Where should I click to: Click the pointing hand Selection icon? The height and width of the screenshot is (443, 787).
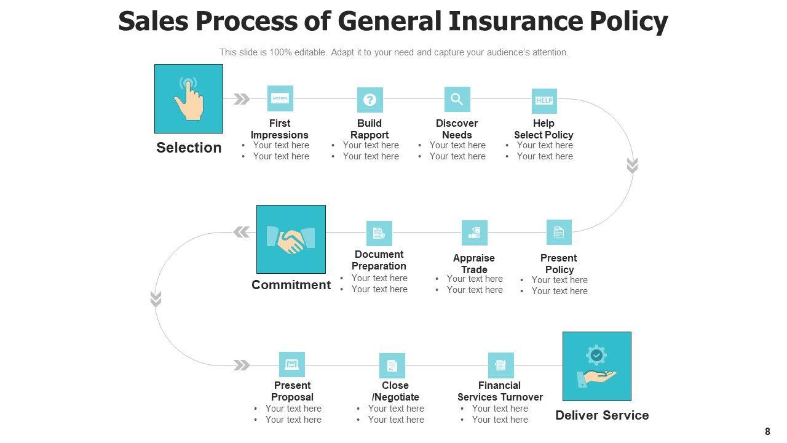(189, 98)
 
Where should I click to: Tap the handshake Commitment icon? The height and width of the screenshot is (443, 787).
(291, 239)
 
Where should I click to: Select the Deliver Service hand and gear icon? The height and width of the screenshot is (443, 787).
(596, 367)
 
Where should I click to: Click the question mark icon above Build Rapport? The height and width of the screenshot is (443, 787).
(370, 100)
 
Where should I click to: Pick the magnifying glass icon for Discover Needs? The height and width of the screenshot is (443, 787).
(457, 99)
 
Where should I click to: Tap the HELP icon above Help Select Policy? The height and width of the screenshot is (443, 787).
(544, 100)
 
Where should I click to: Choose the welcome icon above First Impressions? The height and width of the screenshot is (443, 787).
(280, 98)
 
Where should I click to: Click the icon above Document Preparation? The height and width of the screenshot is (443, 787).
(379, 233)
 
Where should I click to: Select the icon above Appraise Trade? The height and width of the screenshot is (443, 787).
(474, 233)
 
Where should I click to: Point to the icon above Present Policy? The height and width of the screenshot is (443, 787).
(559, 232)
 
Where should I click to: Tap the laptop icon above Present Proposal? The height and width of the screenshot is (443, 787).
(292, 365)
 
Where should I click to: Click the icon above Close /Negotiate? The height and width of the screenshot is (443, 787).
(392, 366)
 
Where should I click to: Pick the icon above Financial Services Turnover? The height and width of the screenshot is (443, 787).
(500, 365)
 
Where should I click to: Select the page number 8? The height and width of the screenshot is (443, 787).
(767, 432)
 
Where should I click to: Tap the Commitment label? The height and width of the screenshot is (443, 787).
(291, 285)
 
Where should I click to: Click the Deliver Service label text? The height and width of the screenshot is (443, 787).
(602, 415)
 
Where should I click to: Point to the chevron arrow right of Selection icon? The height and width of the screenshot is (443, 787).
(242, 99)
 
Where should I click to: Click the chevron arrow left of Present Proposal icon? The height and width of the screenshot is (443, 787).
(242, 365)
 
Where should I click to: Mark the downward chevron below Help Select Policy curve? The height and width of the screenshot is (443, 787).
(632, 166)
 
